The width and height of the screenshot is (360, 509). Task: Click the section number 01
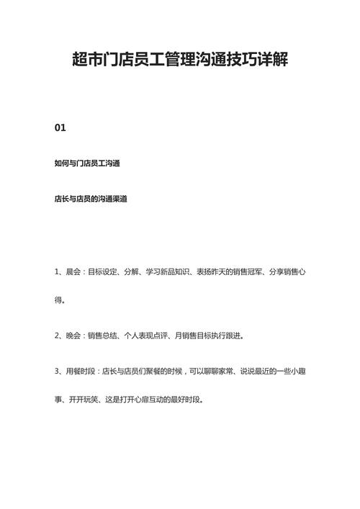60,127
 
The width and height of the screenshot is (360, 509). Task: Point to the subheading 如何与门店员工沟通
86,163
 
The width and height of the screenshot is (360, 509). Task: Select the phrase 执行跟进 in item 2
228,335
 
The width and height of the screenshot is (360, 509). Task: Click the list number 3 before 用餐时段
57,371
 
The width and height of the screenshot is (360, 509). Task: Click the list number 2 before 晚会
57,335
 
